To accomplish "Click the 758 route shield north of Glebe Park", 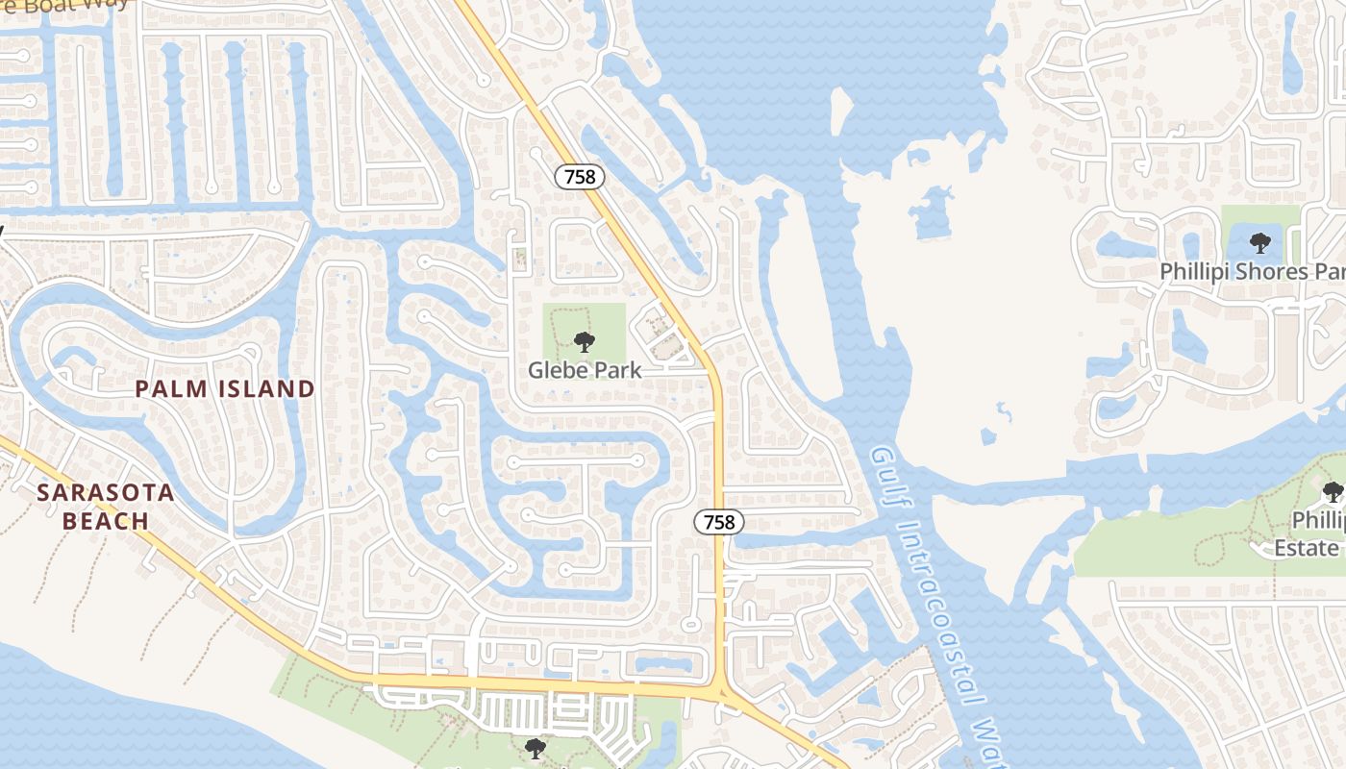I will pyautogui.click(x=581, y=177).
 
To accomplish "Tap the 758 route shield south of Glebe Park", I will pyautogui.click(x=719, y=522).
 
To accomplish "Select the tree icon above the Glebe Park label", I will pyautogui.click(x=584, y=341).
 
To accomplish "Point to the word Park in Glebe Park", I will pyautogui.click(x=615, y=370).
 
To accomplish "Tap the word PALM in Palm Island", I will pyautogui.click(x=169, y=389).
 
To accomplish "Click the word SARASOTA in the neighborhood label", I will pyautogui.click(x=106, y=494).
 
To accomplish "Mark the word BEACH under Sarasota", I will pyautogui.click(x=106, y=522).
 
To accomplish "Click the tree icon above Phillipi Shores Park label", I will pyautogui.click(x=1259, y=242).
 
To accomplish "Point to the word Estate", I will pyautogui.click(x=1307, y=548).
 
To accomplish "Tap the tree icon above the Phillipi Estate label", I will pyautogui.click(x=1333, y=493).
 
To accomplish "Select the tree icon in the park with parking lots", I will pyautogui.click(x=536, y=748).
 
